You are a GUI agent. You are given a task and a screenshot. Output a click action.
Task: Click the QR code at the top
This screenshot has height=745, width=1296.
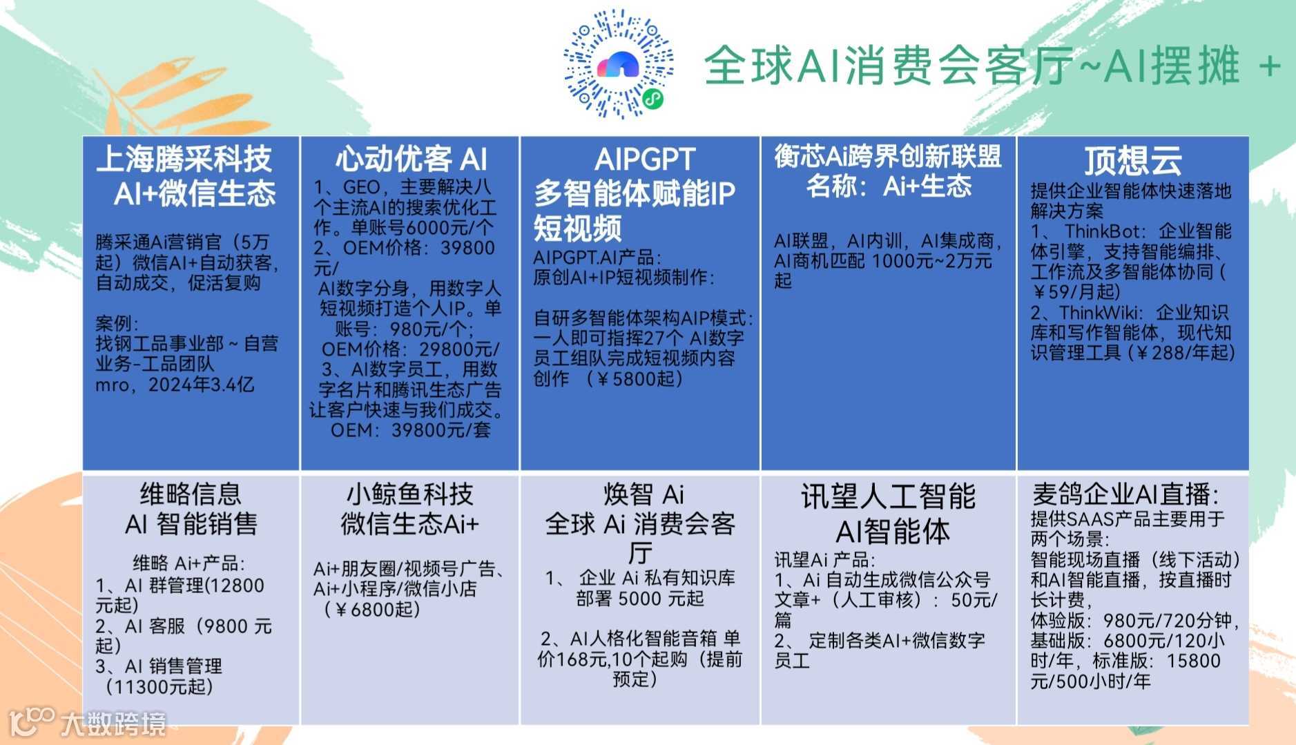(x=618, y=64)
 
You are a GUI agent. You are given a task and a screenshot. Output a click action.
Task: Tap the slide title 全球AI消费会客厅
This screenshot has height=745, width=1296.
(x=888, y=66)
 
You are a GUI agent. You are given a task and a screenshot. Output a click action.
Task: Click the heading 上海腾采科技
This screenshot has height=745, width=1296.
(x=184, y=159)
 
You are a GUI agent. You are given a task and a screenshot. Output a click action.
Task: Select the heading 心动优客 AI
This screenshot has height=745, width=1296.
(x=411, y=159)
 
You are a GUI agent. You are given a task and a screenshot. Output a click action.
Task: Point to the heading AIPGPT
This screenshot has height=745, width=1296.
(x=644, y=159)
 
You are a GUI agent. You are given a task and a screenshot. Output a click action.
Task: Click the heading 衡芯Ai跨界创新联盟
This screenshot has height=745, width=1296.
(x=887, y=156)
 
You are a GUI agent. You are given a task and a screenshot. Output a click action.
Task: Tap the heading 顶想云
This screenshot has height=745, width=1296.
(x=1132, y=161)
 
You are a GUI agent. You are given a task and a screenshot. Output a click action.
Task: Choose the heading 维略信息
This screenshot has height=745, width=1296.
(x=191, y=494)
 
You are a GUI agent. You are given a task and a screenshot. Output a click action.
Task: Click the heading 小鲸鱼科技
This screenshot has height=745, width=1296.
(x=409, y=494)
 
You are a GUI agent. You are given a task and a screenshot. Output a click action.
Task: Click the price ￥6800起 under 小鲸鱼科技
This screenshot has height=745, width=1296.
(x=371, y=610)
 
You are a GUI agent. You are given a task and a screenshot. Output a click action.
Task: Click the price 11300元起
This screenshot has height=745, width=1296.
(x=159, y=687)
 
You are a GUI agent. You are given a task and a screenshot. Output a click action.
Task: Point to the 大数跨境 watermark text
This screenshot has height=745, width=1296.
(x=113, y=724)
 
